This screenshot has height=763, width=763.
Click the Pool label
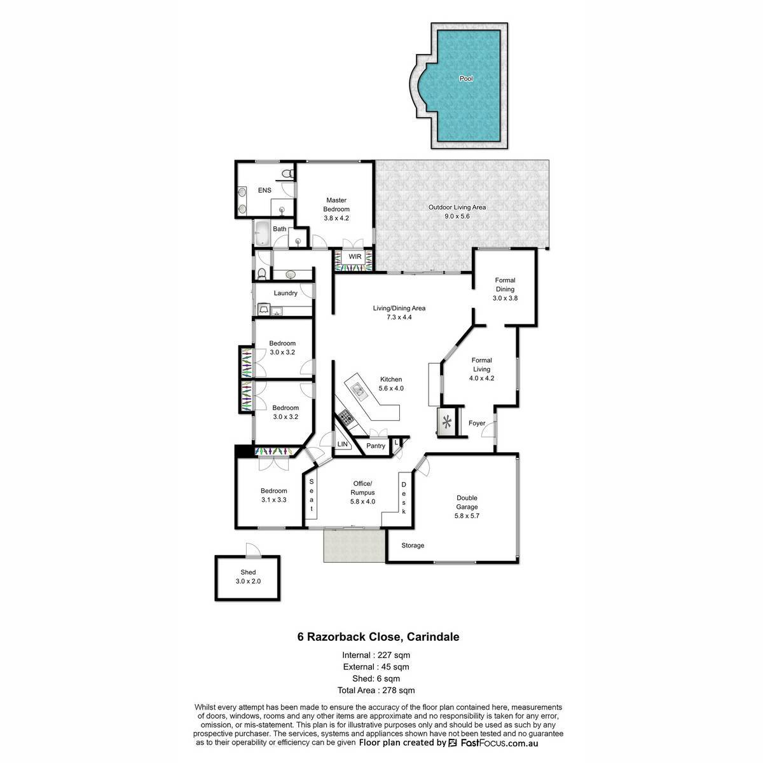point(465,78)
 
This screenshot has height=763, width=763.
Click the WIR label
point(355,257)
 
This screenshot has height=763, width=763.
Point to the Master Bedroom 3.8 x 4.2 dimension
point(336,218)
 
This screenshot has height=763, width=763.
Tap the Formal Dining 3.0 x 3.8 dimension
point(505,298)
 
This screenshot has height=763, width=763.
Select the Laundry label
point(285,293)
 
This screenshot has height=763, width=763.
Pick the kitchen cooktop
point(346,417)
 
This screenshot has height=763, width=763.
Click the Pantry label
point(375,446)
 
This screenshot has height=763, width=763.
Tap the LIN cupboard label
point(342,444)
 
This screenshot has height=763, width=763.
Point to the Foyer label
point(477,423)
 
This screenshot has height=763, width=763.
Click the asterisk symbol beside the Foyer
point(447,422)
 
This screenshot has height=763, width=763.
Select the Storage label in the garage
point(413,545)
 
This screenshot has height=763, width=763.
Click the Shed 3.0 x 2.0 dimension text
point(248,581)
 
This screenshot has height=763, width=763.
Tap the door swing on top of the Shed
point(253,549)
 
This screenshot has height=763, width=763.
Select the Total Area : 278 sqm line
point(376,691)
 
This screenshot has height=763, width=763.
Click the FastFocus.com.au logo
point(493,743)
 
